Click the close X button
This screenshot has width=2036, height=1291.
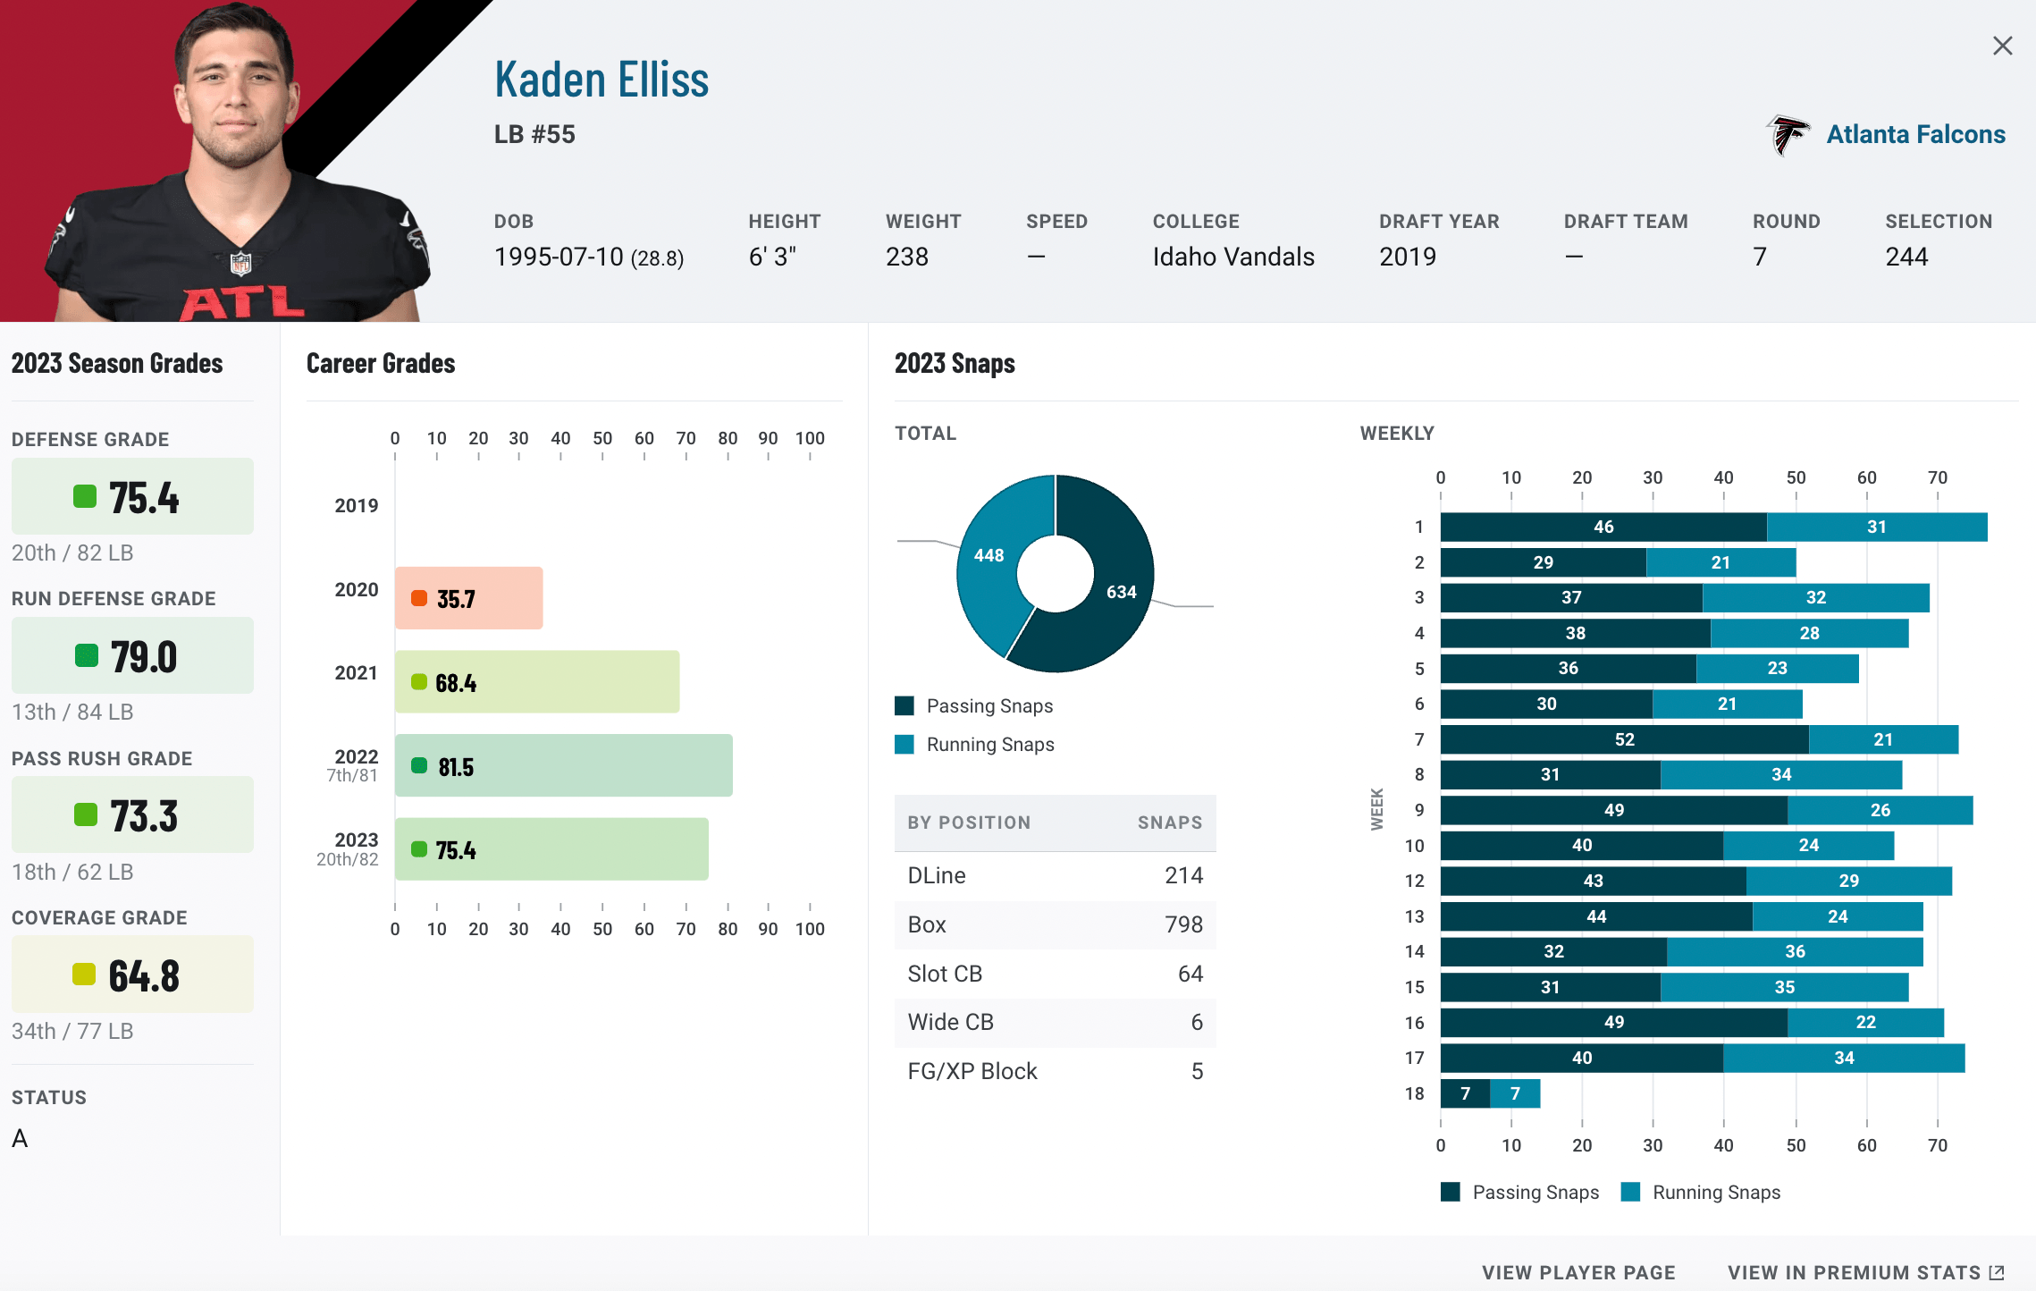pyautogui.click(x=2002, y=46)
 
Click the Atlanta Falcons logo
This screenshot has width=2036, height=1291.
pyautogui.click(x=1788, y=135)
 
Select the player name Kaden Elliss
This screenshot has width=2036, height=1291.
pyautogui.click(x=602, y=80)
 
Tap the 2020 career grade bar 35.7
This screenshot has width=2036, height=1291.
pyautogui.click(x=468, y=598)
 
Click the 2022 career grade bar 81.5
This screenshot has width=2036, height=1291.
pyautogui.click(x=563, y=766)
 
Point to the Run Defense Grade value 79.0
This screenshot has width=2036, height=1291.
pyautogui.click(x=143, y=657)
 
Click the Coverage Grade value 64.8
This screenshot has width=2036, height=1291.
pyautogui.click(x=143, y=975)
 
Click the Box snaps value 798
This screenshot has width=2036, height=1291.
pyautogui.click(x=1183, y=924)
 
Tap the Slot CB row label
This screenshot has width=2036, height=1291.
pyautogui.click(x=945, y=974)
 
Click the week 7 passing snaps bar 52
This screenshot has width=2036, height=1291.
pyautogui.click(x=1624, y=739)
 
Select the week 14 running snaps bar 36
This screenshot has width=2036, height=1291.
pyautogui.click(x=1795, y=951)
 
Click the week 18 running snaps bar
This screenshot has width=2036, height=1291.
pyautogui.click(x=1515, y=1093)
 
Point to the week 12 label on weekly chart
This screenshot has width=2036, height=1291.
pyautogui.click(x=1414, y=881)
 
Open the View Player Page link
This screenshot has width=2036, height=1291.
pyautogui.click(x=1578, y=1272)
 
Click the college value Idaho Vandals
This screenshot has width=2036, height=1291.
pyautogui.click(x=1233, y=257)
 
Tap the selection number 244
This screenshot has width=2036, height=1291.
pyautogui.click(x=1906, y=257)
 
